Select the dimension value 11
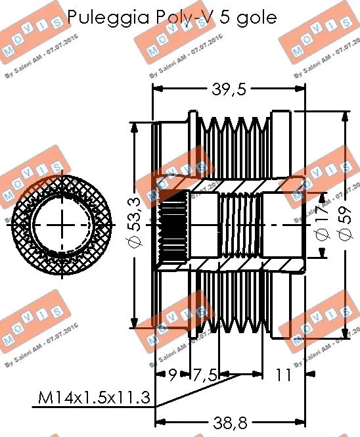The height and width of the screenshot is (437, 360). point(282,375)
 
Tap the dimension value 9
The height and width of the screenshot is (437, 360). point(172,375)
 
